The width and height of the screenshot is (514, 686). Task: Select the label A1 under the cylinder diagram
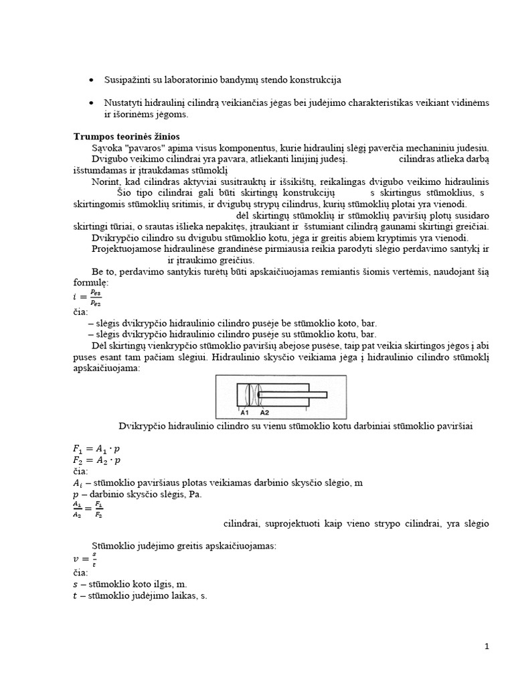coord(246,413)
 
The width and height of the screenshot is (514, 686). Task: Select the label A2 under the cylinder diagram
coord(265,413)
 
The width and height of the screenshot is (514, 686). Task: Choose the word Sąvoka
coord(105,147)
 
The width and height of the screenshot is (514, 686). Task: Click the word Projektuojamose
coord(125,249)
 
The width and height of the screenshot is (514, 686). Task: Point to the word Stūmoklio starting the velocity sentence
coord(113,546)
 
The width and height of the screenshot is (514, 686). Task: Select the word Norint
coord(104,182)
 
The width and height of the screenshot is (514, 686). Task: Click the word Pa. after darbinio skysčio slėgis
coord(195,494)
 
